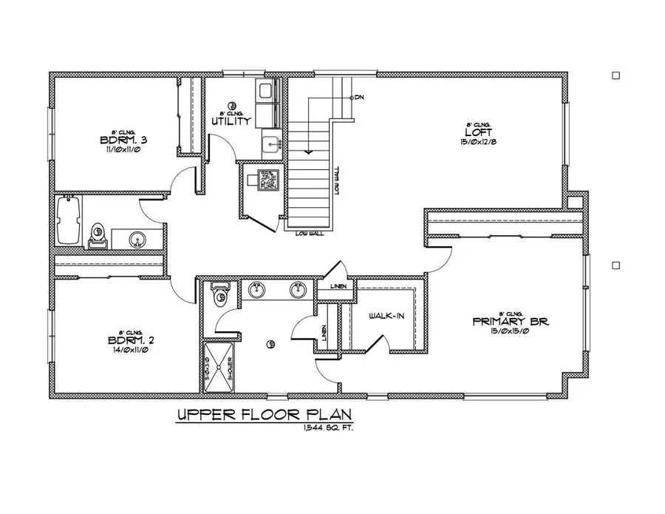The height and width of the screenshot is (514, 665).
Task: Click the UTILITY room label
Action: coord(231,121)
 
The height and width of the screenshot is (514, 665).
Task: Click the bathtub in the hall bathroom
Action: coord(68,220)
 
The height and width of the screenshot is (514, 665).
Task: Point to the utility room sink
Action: coord(272,143)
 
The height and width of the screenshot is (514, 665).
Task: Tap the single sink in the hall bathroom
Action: coord(136,239)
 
